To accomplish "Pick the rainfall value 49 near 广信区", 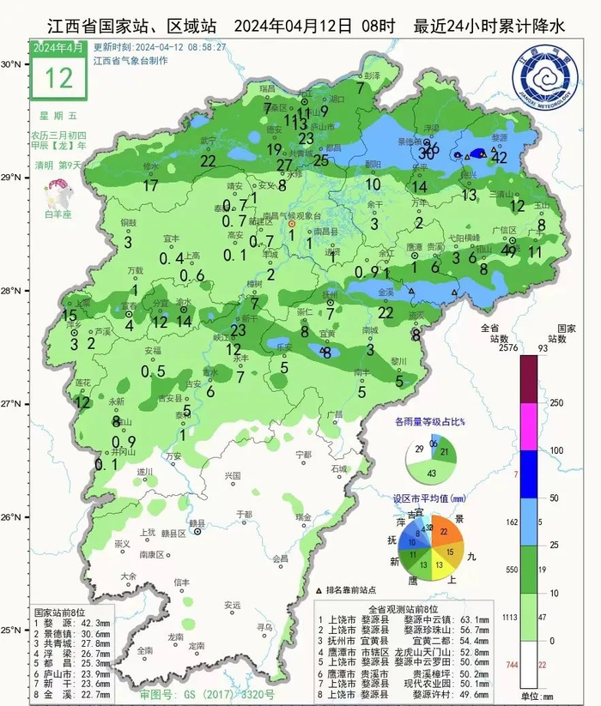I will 509,250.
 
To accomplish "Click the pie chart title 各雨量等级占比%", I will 429,422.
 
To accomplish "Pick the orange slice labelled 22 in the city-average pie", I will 443,532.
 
